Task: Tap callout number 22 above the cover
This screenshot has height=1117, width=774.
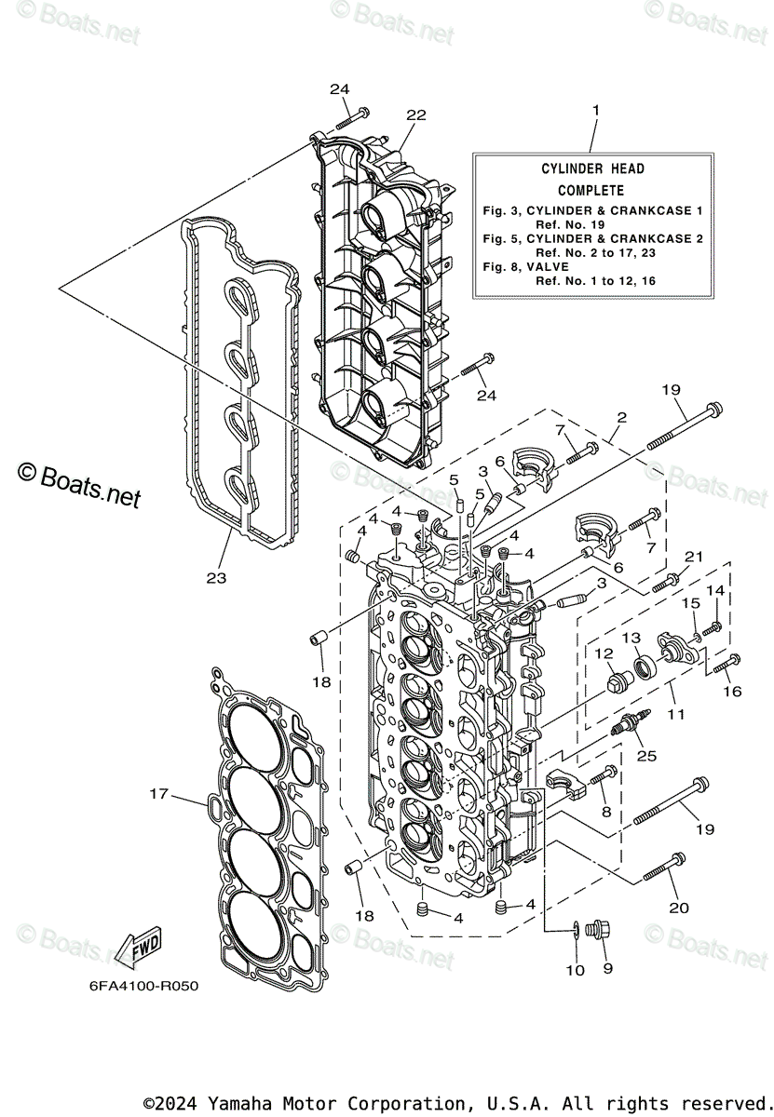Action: [415, 114]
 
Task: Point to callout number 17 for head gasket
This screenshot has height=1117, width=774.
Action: [159, 794]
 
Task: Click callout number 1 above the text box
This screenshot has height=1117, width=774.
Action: [595, 110]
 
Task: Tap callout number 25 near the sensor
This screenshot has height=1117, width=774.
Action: [645, 756]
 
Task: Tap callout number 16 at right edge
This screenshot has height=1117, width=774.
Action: [732, 693]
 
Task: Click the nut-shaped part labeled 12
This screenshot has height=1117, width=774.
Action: [617, 684]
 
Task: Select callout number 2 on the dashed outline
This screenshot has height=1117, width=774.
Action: [621, 418]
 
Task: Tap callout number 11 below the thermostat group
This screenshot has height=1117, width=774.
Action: [675, 714]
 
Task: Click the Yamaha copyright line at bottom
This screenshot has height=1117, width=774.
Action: [454, 1102]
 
